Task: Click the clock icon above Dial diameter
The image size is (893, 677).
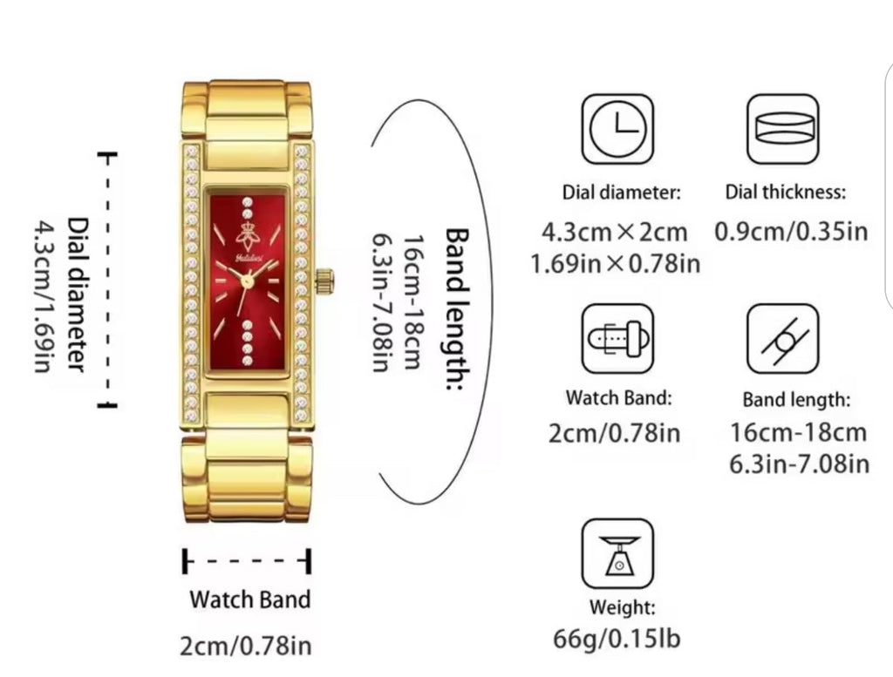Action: coord(617,129)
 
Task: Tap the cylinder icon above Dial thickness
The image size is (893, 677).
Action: coord(783,129)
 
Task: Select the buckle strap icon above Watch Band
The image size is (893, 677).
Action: coord(617,338)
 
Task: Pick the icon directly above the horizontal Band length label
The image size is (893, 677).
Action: coord(783,338)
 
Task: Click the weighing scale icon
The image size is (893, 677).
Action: coord(617,553)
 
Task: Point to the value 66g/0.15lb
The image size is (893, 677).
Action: coord(617,639)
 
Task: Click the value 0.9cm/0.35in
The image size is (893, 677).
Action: coord(791,232)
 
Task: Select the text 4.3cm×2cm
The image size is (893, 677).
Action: coord(615,232)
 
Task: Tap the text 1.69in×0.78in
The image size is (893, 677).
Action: coord(615,264)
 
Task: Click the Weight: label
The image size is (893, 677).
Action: coord(622,607)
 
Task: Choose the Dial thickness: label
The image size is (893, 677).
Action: coord(786,192)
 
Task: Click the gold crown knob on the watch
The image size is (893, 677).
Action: coord(324,281)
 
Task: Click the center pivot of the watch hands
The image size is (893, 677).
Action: coord(247,280)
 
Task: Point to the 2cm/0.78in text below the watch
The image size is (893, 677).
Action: coord(246,646)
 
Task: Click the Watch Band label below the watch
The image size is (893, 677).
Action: coord(250,599)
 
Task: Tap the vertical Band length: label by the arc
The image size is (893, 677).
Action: coord(457,309)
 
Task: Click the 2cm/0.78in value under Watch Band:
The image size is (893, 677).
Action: coord(615,433)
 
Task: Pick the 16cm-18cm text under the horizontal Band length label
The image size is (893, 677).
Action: coord(799,432)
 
